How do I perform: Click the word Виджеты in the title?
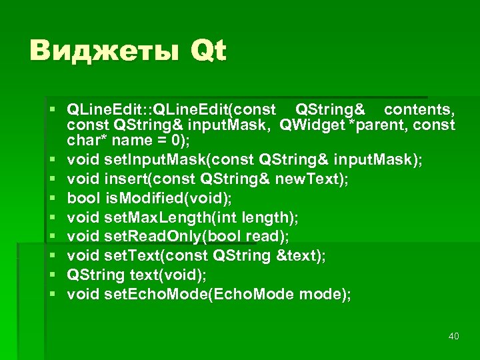(x=104, y=51)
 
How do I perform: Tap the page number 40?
(x=454, y=337)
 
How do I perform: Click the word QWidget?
(x=314, y=125)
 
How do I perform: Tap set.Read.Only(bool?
(x=173, y=236)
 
